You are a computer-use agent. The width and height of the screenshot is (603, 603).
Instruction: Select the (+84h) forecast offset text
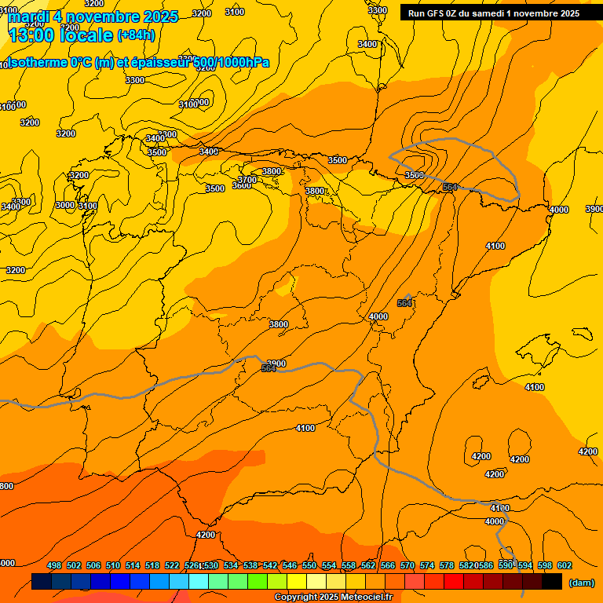click(135, 35)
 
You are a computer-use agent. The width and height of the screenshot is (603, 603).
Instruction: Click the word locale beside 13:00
click(86, 35)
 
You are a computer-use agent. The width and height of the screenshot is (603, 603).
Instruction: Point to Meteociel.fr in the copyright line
click(361, 598)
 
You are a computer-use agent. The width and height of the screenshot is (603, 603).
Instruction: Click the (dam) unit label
click(581, 583)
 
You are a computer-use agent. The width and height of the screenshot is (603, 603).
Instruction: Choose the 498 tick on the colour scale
click(54, 566)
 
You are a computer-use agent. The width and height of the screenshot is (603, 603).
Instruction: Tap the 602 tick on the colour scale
click(565, 566)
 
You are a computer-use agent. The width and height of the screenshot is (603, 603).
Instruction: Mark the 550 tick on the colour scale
click(309, 566)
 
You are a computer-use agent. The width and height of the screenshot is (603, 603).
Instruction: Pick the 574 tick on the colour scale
click(427, 566)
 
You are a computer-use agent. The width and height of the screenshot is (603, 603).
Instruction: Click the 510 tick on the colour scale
click(113, 566)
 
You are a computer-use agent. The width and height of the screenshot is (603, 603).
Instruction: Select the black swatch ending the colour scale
click(552, 582)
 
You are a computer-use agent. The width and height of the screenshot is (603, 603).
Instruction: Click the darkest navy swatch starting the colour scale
click(42, 582)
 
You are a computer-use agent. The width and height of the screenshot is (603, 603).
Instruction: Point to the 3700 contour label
click(247, 180)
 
